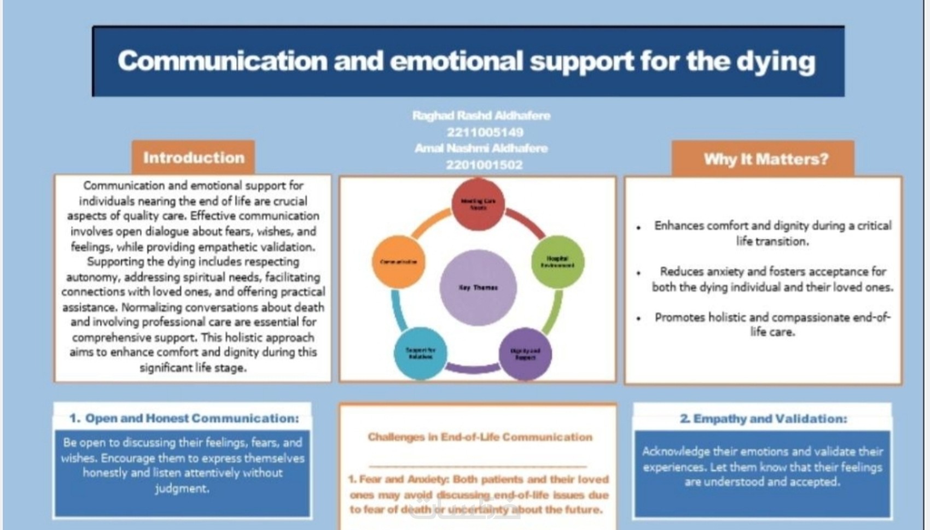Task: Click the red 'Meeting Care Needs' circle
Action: tap(478, 204)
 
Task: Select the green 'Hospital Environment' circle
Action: tap(557, 262)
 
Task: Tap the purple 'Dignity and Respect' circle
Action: tap(525, 354)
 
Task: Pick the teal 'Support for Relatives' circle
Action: tap(420, 354)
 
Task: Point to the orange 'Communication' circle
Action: tap(398, 262)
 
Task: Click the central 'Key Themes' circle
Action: tap(478, 287)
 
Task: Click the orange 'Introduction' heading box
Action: tap(193, 157)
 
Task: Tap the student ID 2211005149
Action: tap(485, 132)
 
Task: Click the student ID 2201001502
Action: tap(484, 164)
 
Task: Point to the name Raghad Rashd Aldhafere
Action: tap(481, 116)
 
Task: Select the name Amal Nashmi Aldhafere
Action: tap(481, 148)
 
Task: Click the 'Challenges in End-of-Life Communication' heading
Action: tap(479, 437)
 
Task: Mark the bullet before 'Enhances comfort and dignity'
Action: tap(638, 227)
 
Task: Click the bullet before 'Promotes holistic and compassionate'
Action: tap(638, 318)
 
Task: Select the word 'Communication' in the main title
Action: tap(222, 61)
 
